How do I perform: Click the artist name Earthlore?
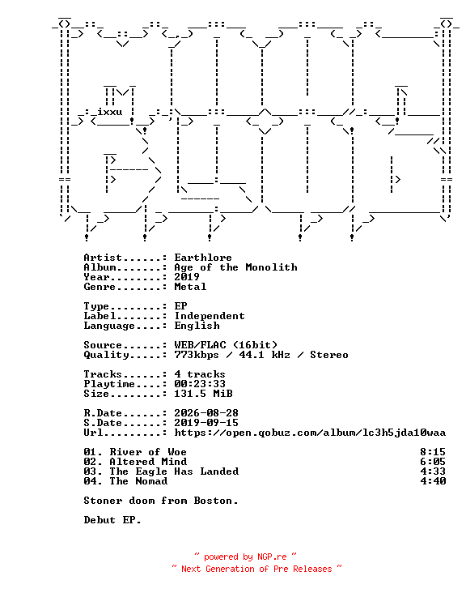(203, 258)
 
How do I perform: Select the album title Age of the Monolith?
(235, 267)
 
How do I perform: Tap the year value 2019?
(187, 277)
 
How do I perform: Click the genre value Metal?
(190, 287)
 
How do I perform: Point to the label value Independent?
(210, 316)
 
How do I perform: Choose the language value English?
(197, 326)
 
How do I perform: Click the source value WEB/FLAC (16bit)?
(226, 345)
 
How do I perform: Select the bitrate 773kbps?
(197, 355)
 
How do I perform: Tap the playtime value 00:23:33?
(200, 384)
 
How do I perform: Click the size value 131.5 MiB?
(203, 394)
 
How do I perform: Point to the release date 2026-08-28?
(206, 413)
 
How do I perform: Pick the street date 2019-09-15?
(206, 423)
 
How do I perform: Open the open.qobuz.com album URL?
(310, 433)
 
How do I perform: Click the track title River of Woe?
(148, 452)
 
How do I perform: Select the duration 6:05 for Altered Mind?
(433, 462)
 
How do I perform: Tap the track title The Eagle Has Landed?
(174, 471)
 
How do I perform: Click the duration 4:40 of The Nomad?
(433, 481)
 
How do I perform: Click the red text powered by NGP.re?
(245, 557)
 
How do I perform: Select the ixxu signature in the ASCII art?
(109, 112)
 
